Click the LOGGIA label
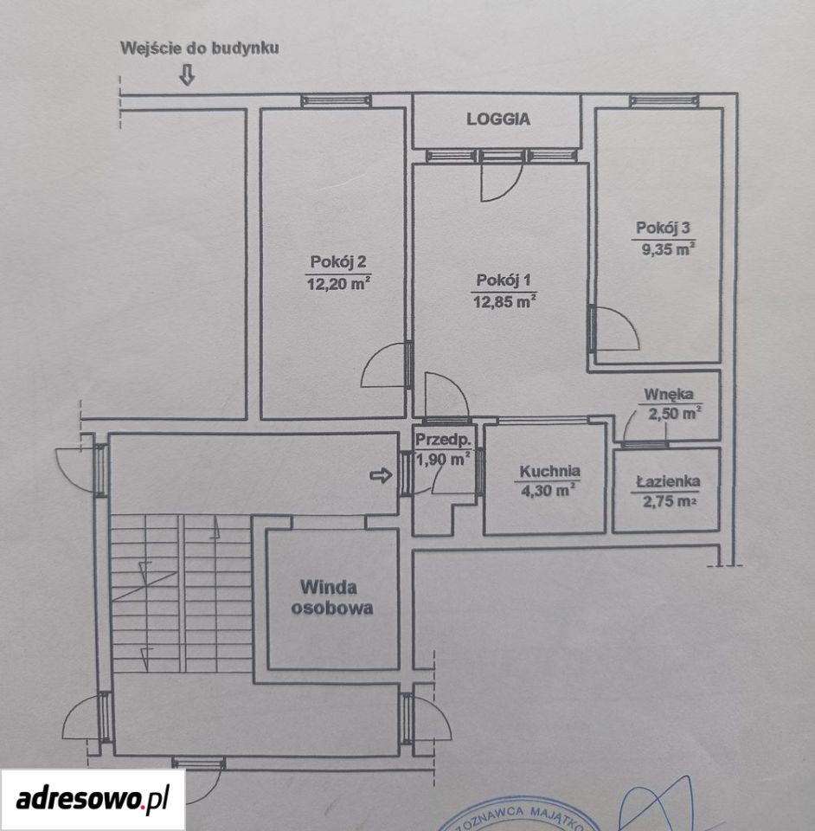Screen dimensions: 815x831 click(x=498, y=119)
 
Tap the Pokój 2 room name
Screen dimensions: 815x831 click(x=338, y=261)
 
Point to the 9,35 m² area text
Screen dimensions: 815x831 click(x=668, y=248)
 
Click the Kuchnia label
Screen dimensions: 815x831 click(x=549, y=471)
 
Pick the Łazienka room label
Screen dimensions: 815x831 click(x=668, y=481)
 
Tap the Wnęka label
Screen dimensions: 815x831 click(x=668, y=395)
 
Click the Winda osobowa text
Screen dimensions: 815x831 click(x=332, y=597)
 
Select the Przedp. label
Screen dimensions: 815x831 click(x=443, y=440)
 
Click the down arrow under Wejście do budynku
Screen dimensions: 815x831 click(x=187, y=74)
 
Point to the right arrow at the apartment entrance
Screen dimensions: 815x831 click(x=381, y=475)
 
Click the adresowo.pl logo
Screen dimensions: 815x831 click(x=93, y=799)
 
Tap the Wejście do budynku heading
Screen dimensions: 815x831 click(x=200, y=48)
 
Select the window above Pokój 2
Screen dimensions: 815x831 click(x=337, y=100)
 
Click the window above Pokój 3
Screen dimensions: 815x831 click(x=664, y=100)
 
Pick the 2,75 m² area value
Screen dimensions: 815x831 click(x=668, y=501)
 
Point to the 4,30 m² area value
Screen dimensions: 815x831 click(x=549, y=490)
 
